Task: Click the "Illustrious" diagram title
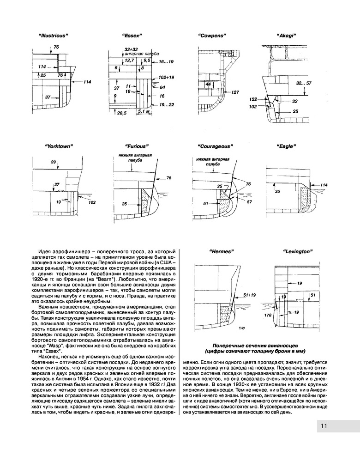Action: click(x=54, y=36)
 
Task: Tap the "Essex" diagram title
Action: click(x=132, y=36)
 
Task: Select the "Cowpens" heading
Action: click(x=211, y=36)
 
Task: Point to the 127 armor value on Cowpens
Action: click(x=235, y=92)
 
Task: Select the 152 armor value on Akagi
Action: click(x=253, y=99)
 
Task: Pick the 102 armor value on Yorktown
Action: click(x=91, y=202)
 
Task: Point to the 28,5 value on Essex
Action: click(x=122, y=113)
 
